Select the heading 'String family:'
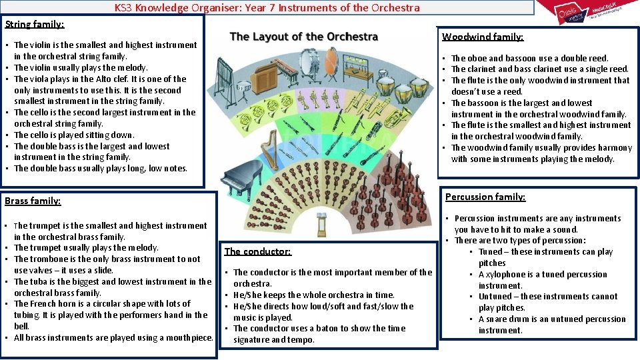tap(35, 24)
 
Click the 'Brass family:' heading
tap(33, 200)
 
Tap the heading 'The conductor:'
tap(257, 251)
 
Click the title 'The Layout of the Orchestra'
tap(303, 37)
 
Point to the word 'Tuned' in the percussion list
tap(491, 251)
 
